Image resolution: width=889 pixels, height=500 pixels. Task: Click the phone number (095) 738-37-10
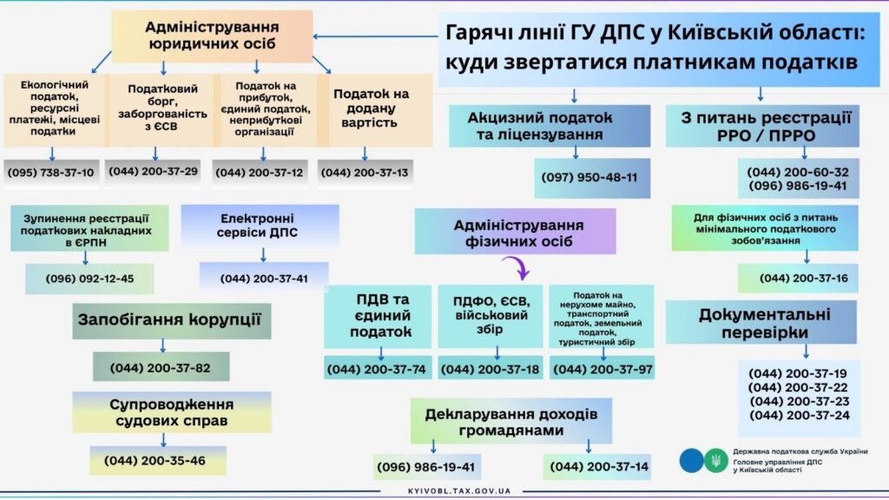pyautogui.click(x=51, y=172)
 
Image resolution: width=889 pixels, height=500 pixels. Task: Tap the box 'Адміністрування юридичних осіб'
pyautogui.click(x=212, y=36)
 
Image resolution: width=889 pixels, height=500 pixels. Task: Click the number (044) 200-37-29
pyautogui.click(x=155, y=171)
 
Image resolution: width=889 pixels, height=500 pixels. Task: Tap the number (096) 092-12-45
pyautogui.click(x=89, y=279)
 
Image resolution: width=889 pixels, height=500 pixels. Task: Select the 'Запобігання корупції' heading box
pyautogui.click(x=168, y=319)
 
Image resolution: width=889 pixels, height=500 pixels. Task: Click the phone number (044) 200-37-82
pyautogui.click(x=161, y=367)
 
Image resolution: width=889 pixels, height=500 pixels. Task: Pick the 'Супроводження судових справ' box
pyautogui.click(x=172, y=412)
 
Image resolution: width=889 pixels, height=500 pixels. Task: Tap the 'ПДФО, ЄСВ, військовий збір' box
pyautogui.click(x=491, y=315)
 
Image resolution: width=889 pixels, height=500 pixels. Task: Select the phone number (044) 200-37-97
pyautogui.click(x=602, y=369)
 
